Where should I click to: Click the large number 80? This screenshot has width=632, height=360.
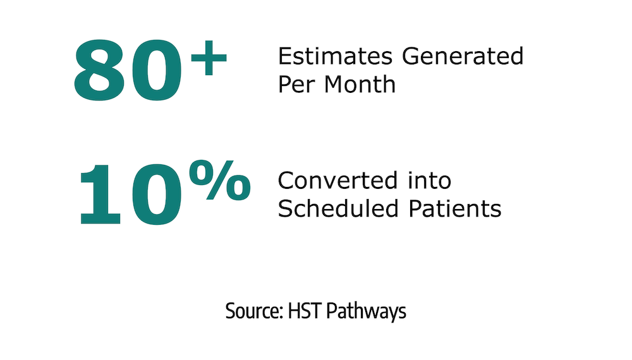coord(128,70)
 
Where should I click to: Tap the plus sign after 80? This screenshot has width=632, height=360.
coord(209,58)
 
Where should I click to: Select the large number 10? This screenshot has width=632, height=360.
coord(131,194)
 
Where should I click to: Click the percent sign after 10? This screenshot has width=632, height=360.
coord(220,180)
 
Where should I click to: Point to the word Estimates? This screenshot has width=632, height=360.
coord(335,56)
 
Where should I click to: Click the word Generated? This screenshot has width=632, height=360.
coord(463,56)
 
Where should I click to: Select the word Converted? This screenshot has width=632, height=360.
coord(337,181)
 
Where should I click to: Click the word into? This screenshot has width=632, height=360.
coord(429,180)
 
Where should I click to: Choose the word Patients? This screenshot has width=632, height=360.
coord(455,208)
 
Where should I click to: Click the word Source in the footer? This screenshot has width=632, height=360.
coord(253,311)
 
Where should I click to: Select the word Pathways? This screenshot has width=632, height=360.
coord(366,311)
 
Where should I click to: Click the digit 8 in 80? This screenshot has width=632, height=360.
coord(99,70)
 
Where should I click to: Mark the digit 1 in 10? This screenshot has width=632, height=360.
coord(100,194)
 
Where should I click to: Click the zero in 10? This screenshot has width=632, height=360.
coord(156,194)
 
